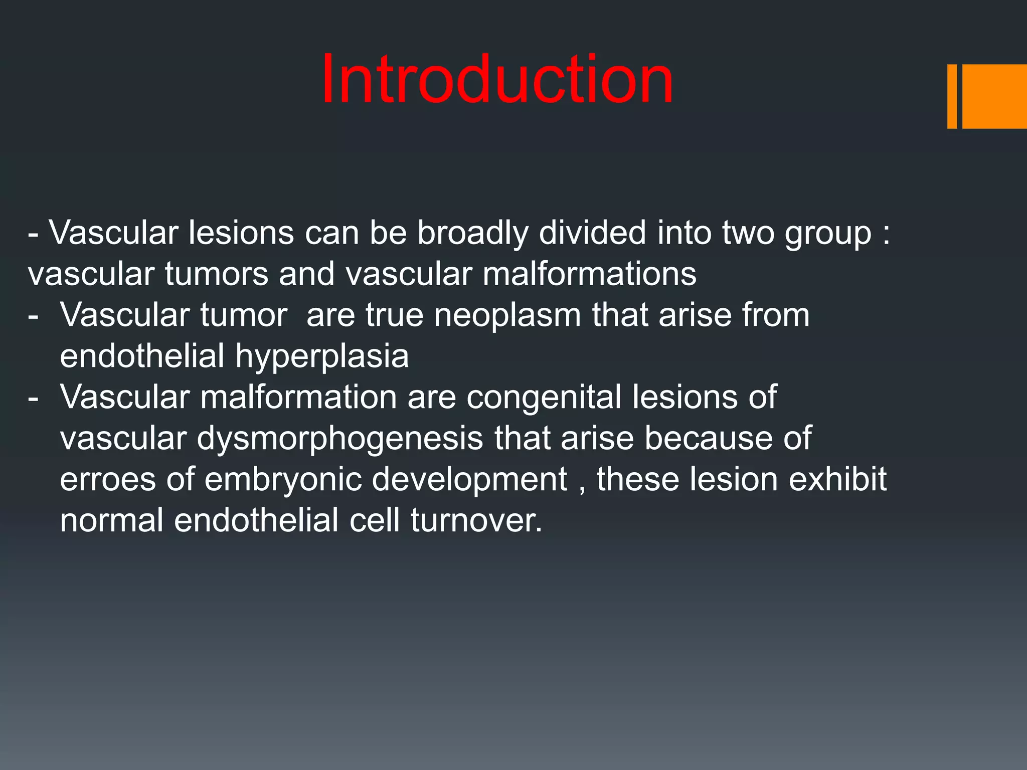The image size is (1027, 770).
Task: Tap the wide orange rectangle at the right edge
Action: coord(994,96)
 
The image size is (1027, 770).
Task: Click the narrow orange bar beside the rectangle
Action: coord(952,96)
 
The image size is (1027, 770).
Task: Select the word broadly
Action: coord(472,234)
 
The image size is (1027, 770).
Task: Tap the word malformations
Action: coord(589,274)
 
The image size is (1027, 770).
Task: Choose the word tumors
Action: coord(217,274)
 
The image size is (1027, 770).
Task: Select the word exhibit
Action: coord(837,479)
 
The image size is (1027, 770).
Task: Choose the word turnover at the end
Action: coord(476,520)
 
